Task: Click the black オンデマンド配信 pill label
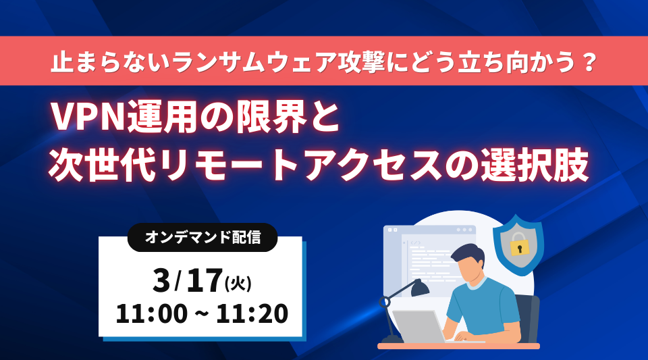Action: tap(202, 237)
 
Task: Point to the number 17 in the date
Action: tap(205, 281)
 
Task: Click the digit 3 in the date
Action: tap(161, 281)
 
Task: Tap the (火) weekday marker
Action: tap(238, 284)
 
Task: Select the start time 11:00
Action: tap(152, 313)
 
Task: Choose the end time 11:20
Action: tap(252, 313)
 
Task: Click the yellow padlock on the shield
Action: tap(519, 245)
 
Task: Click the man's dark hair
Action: tap(468, 253)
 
